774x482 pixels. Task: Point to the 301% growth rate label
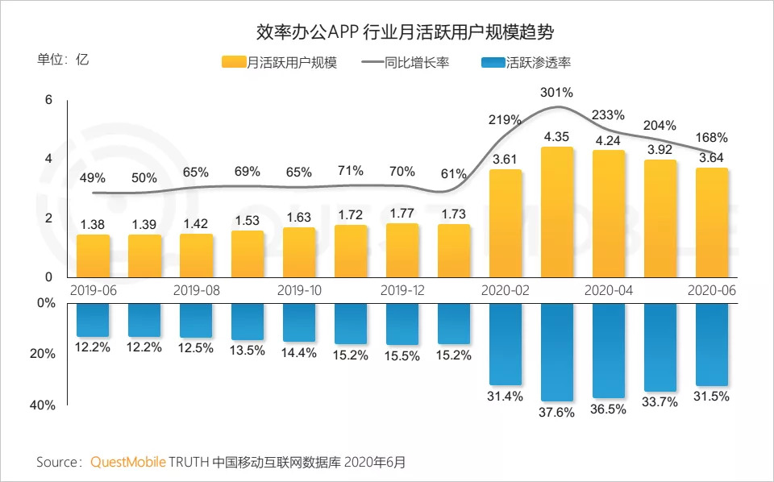556,92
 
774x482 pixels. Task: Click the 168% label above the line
711,137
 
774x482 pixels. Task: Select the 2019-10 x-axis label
299,290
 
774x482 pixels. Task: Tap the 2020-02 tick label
506,290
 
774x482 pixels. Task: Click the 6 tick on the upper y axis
48,100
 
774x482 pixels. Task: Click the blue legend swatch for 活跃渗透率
492,63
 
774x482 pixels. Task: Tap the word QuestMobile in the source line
128,463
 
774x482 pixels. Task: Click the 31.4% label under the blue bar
506,396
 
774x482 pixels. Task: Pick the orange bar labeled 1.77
402,250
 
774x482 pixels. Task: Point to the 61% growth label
454,173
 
